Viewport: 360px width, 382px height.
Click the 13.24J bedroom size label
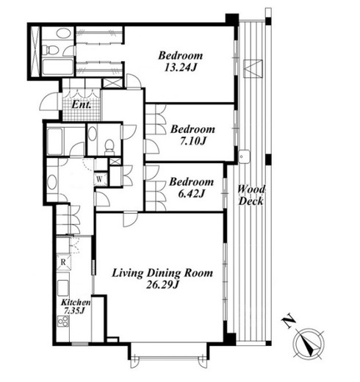[x=181, y=68]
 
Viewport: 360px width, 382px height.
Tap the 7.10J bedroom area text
[x=192, y=141]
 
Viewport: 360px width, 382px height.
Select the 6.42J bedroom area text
[x=191, y=194]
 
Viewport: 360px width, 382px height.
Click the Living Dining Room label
[x=162, y=273]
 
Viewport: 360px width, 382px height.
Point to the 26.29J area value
[x=162, y=284]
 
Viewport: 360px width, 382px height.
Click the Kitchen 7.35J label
[x=76, y=306]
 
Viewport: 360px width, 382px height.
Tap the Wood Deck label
[x=251, y=195]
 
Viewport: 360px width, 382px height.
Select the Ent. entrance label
[x=82, y=105]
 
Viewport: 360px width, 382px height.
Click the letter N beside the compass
[x=288, y=321]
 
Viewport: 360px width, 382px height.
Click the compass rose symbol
[x=309, y=343]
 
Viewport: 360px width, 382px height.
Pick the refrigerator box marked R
[x=63, y=262]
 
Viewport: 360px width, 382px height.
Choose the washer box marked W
[x=99, y=179]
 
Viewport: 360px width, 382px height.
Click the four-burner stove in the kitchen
[x=62, y=321]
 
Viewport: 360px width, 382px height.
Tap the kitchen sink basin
[x=63, y=288]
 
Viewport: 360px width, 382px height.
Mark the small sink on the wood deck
[x=244, y=156]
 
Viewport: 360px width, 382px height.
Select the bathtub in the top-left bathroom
[x=57, y=67]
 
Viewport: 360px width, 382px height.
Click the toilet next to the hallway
[x=109, y=148]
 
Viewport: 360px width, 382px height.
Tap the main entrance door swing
[x=50, y=101]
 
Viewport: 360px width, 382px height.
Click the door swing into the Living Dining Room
[x=130, y=220]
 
